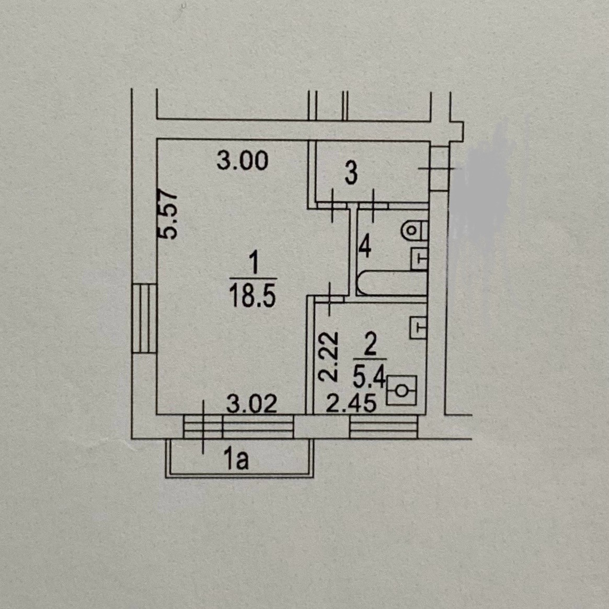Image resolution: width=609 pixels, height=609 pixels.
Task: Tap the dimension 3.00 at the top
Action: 243,160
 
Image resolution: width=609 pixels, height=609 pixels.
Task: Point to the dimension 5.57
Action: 169,214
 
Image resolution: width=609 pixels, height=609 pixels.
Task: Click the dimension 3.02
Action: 251,404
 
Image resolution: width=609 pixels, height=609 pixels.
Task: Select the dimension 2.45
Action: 351,404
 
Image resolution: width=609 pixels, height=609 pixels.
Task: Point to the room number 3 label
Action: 351,174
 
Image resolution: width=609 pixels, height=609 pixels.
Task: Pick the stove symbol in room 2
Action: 401,390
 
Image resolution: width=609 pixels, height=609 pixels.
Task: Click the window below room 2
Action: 383,428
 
